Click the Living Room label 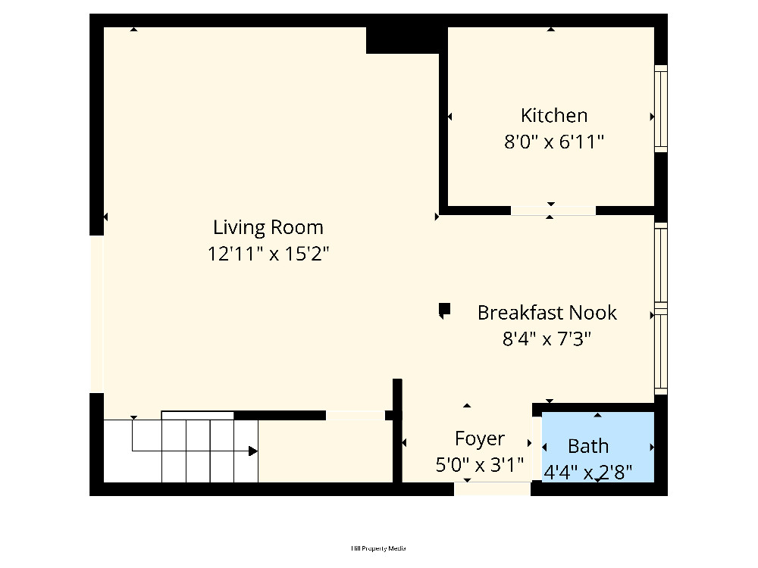coord(268,227)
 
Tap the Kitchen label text coord(554,115)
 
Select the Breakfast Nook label coord(547,313)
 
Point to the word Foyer coord(480,438)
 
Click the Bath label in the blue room coord(588,446)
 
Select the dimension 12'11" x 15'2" coord(268,253)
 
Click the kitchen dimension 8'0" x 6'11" coord(554,142)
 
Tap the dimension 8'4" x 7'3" coord(547,339)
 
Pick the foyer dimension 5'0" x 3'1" coord(480,465)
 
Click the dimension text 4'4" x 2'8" coord(588,472)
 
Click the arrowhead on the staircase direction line coord(253,451)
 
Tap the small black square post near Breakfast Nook coord(445,309)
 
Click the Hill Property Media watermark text coord(378,548)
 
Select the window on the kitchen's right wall coord(661,108)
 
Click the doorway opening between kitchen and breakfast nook coord(553,211)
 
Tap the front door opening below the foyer coord(492,488)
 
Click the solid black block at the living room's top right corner coord(402,40)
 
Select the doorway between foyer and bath coord(537,448)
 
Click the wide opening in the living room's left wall coord(97,314)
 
